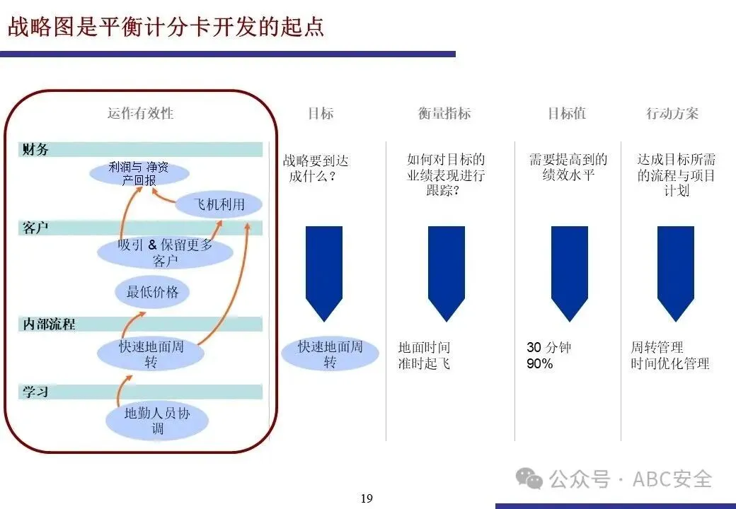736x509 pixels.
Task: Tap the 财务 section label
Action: click(x=36, y=149)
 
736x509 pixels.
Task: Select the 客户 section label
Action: click(x=36, y=228)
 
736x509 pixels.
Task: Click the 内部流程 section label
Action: click(x=49, y=324)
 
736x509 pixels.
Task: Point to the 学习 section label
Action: click(x=36, y=391)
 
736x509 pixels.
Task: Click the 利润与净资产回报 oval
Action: click(x=139, y=173)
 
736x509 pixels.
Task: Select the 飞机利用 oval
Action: click(x=219, y=205)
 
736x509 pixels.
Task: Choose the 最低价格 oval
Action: click(x=152, y=292)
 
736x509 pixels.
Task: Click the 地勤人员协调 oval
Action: click(x=157, y=421)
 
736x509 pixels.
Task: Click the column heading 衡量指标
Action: click(x=444, y=113)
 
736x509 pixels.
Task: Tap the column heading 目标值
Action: click(x=567, y=113)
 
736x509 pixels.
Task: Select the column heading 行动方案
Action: click(x=672, y=113)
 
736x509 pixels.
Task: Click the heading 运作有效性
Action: click(x=140, y=113)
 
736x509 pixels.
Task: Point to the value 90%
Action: click(x=539, y=364)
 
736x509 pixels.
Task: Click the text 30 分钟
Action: click(x=548, y=347)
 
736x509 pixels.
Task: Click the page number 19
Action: click(x=367, y=498)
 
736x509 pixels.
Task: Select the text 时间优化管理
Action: click(x=670, y=364)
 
